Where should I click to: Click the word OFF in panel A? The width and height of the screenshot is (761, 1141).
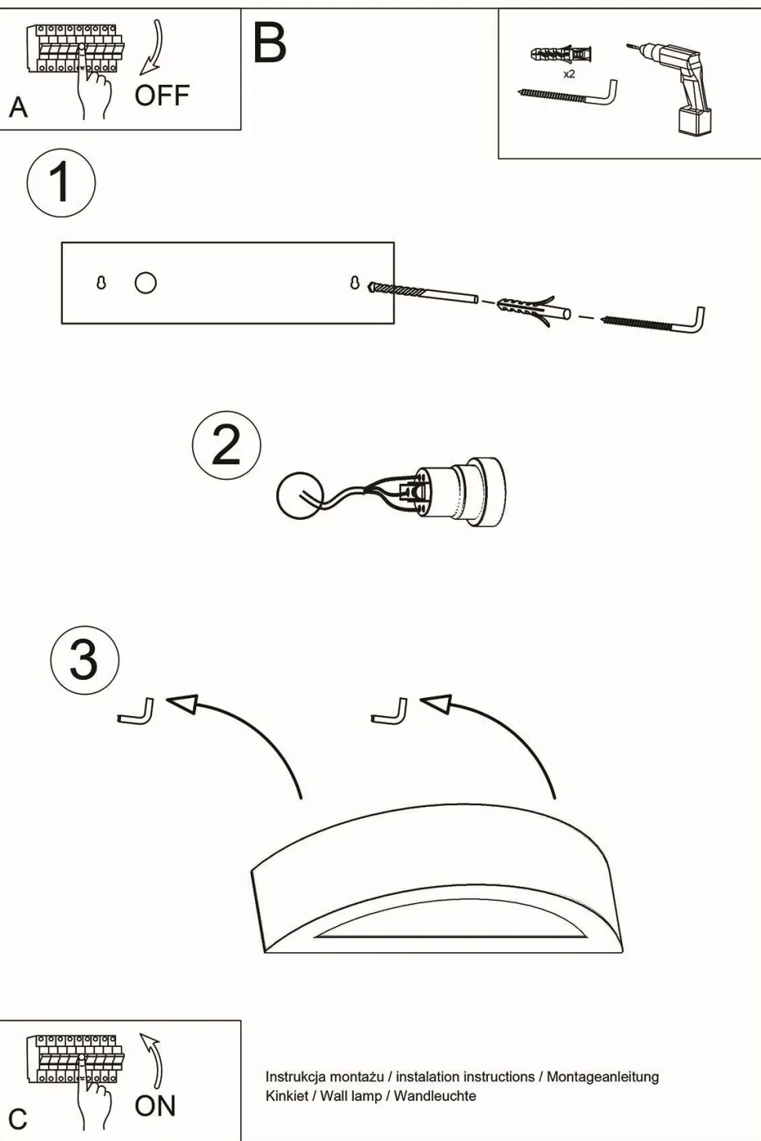(162, 96)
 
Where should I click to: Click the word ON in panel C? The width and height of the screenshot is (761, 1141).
(155, 1106)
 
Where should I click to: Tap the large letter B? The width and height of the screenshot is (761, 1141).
(269, 44)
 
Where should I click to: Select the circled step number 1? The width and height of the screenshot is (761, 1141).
(61, 183)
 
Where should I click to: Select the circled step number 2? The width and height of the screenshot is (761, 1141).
(226, 445)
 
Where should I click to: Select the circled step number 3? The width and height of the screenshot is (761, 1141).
(85, 660)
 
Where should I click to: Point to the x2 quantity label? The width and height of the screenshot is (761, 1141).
(569, 74)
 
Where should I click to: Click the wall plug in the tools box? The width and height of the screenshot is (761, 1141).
(560, 55)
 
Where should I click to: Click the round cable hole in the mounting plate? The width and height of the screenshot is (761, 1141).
(145, 282)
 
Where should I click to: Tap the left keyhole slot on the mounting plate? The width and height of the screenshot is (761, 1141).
(101, 282)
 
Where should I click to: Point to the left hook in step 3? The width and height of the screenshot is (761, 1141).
(137, 712)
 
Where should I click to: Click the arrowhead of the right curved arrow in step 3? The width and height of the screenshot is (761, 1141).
(436, 703)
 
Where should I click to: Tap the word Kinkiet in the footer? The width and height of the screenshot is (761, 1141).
(286, 1096)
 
